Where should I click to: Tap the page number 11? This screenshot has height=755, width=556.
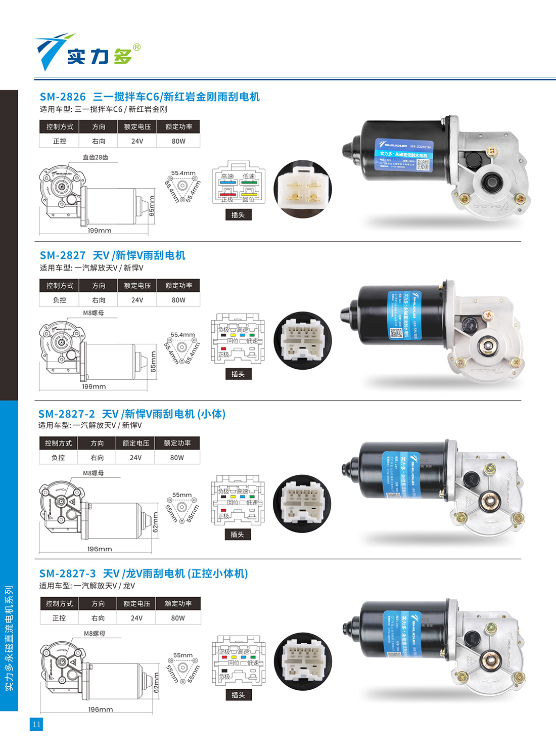click(x=36, y=724)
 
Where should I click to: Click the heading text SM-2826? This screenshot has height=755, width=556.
click(x=63, y=97)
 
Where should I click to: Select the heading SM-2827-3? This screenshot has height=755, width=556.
click(x=67, y=573)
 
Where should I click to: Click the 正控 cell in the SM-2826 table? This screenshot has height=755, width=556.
click(x=60, y=141)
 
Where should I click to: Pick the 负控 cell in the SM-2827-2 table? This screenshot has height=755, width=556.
click(x=58, y=458)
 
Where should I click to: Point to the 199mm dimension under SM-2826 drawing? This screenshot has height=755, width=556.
click(x=99, y=231)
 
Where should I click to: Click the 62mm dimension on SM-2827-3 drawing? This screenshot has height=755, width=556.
click(x=156, y=683)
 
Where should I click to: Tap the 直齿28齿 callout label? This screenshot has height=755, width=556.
click(x=96, y=157)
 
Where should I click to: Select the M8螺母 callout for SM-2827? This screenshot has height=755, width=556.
click(x=94, y=313)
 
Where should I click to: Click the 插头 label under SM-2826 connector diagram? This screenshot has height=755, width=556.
click(x=238, y=215)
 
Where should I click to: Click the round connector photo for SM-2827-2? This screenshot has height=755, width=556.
click(x=302, y=503)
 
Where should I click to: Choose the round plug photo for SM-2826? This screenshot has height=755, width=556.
click(x=302, y=189)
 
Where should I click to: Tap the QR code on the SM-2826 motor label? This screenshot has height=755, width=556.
click(x=423, y=164)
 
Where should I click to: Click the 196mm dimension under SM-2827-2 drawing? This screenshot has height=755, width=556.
click(x=99, y=549)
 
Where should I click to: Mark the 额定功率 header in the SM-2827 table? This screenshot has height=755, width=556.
click(x=178, y=286)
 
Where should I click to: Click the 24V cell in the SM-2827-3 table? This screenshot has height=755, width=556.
click(x=136, y=618)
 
